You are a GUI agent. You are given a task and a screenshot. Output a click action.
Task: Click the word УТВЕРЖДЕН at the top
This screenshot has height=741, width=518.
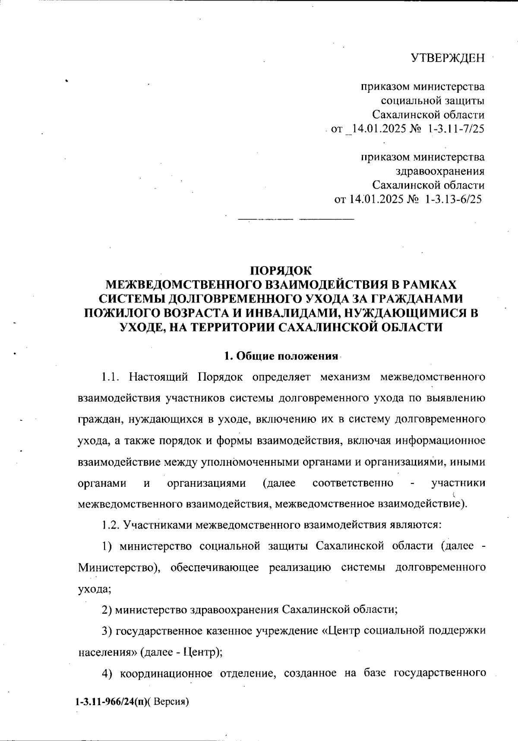[x=447, y=58]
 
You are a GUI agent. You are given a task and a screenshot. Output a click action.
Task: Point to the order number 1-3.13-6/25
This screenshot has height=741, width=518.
[x=453, y=199]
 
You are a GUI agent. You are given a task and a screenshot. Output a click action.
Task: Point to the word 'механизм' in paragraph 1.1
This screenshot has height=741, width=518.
[x=345, y=377]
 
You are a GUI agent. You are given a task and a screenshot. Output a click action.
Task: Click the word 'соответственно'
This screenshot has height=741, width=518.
[x=353, y=483]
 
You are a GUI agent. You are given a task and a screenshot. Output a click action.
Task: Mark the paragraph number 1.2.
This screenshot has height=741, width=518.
[x=110, y=525]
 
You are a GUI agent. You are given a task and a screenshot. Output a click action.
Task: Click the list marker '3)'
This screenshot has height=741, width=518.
[x=107, y=631]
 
